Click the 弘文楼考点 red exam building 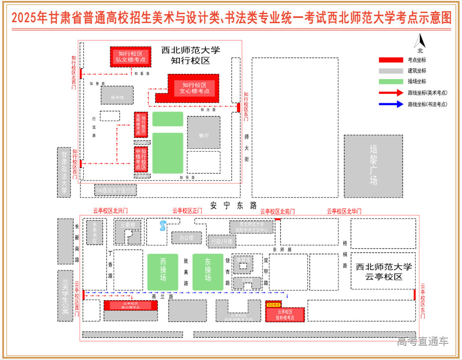pyautogui.click(x=131, y=57)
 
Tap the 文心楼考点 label pyautogui.click(x=195, y=88)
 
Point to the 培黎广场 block pyautogui.click(x=373, y=166)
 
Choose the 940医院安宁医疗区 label pyautogui.click(x=116, y=190)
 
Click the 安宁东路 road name pyautogui.click(x=233, y=206)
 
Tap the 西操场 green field pyautogui.click(x=163, y=272)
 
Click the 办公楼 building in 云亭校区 pyautogui.click(x=187, y=238)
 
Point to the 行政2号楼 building pyautogui.click(x=222, y=242)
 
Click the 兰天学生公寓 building pyautogui.click(x=65, y=296)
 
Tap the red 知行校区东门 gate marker pyautogui.click(x=239, y=107)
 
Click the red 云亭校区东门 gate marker pyautogui.click(x=415, y=294)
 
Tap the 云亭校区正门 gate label pyautogui.click(x=187, y=211)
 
